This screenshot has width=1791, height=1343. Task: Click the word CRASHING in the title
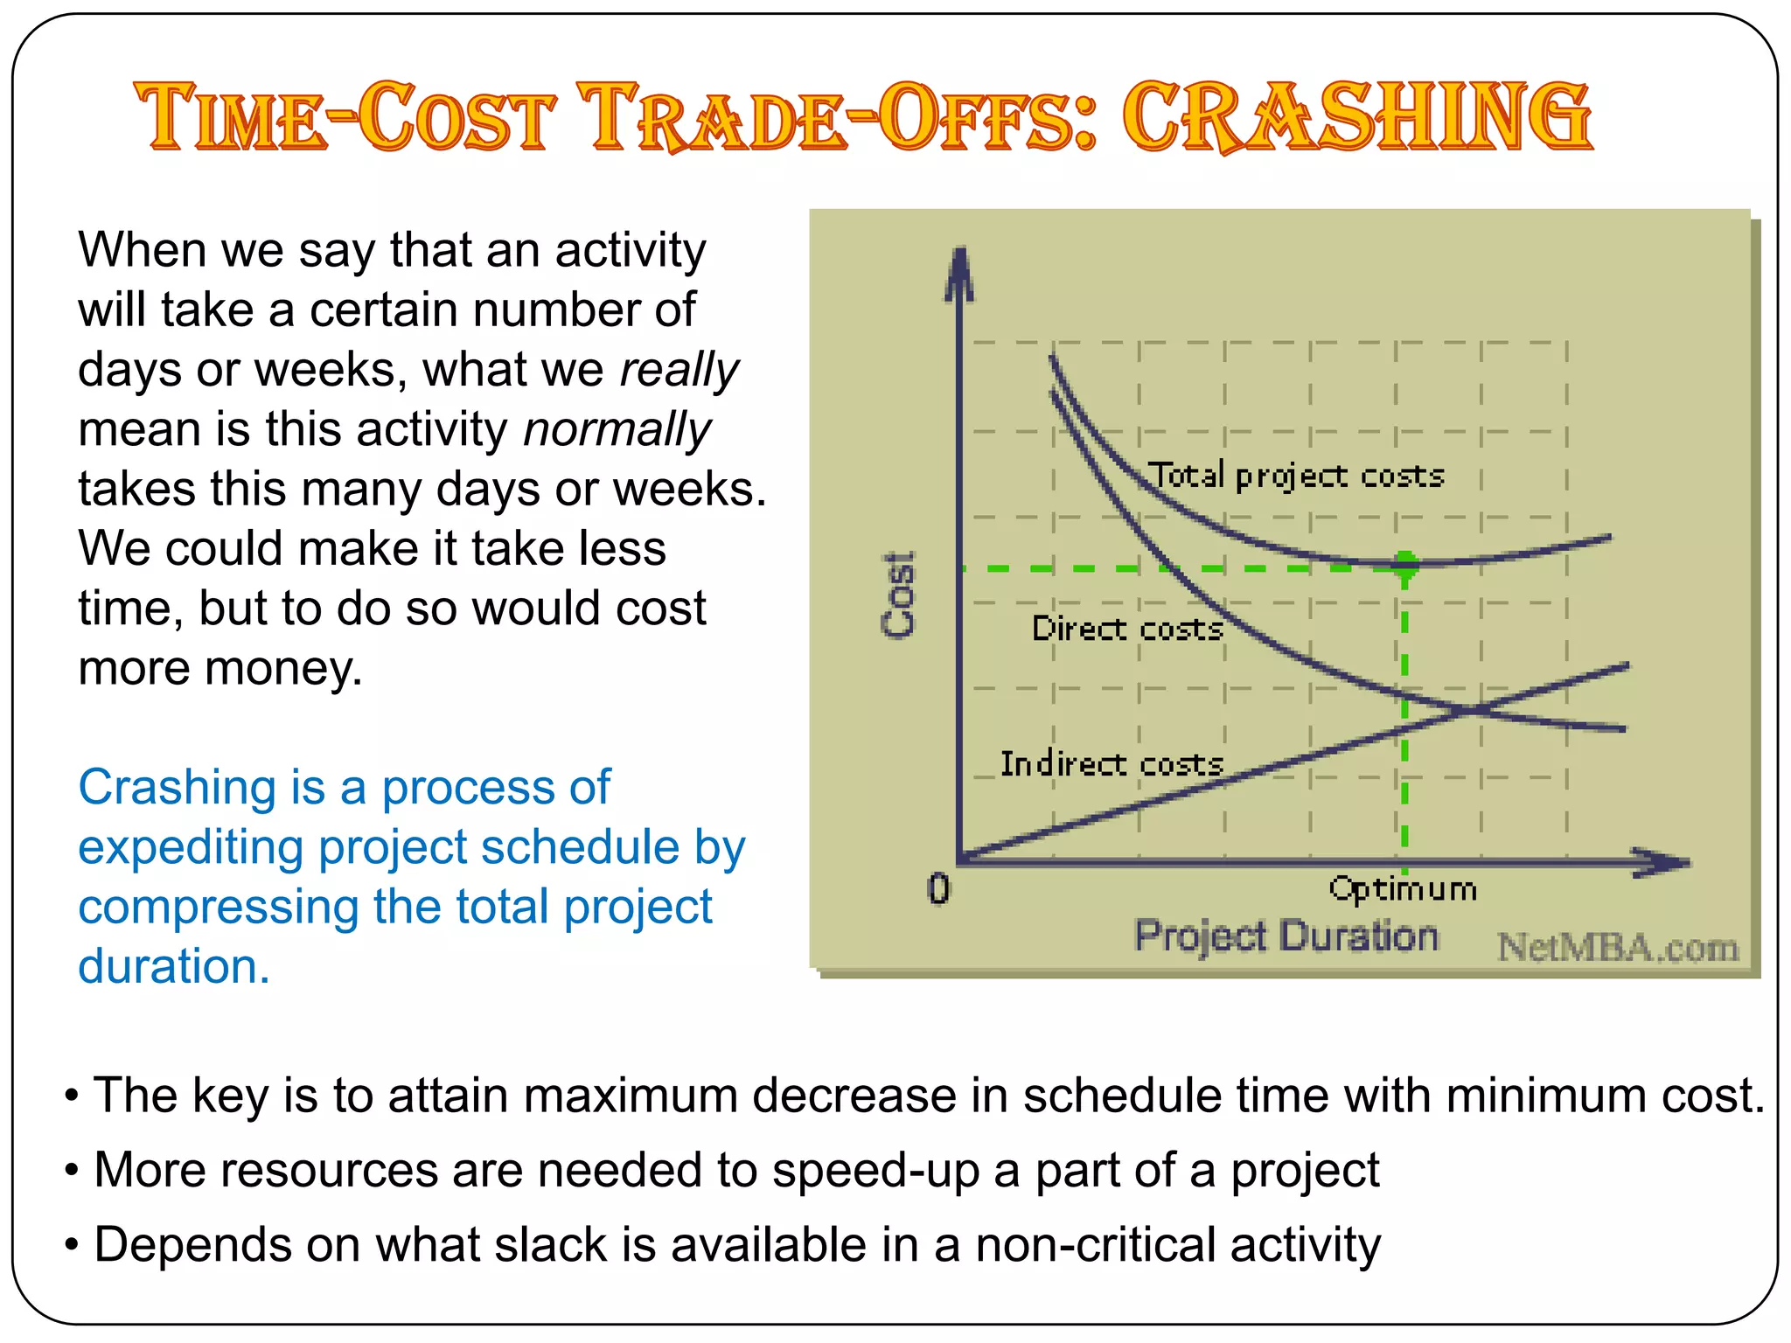[1357, 117]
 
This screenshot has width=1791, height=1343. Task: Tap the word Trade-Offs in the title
[840, 117]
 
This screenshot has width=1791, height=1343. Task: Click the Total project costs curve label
[1296, 476]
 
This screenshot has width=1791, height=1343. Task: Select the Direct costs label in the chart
[1127, 630]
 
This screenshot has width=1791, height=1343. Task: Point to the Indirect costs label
[1112, 764]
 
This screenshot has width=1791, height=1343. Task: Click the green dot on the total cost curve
[1405, 564]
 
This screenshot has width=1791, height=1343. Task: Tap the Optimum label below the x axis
[1403, 889]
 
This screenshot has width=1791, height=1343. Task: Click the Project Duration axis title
[1286, 936]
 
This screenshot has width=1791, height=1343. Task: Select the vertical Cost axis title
[899, 595]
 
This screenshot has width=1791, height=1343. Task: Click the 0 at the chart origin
[938, 889]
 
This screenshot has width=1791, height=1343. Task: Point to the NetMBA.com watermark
[1618, 948]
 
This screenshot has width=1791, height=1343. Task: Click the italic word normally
[617, 430]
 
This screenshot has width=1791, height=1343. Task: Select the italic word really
[679, 370]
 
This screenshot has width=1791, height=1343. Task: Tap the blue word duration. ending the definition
[174, 966]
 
